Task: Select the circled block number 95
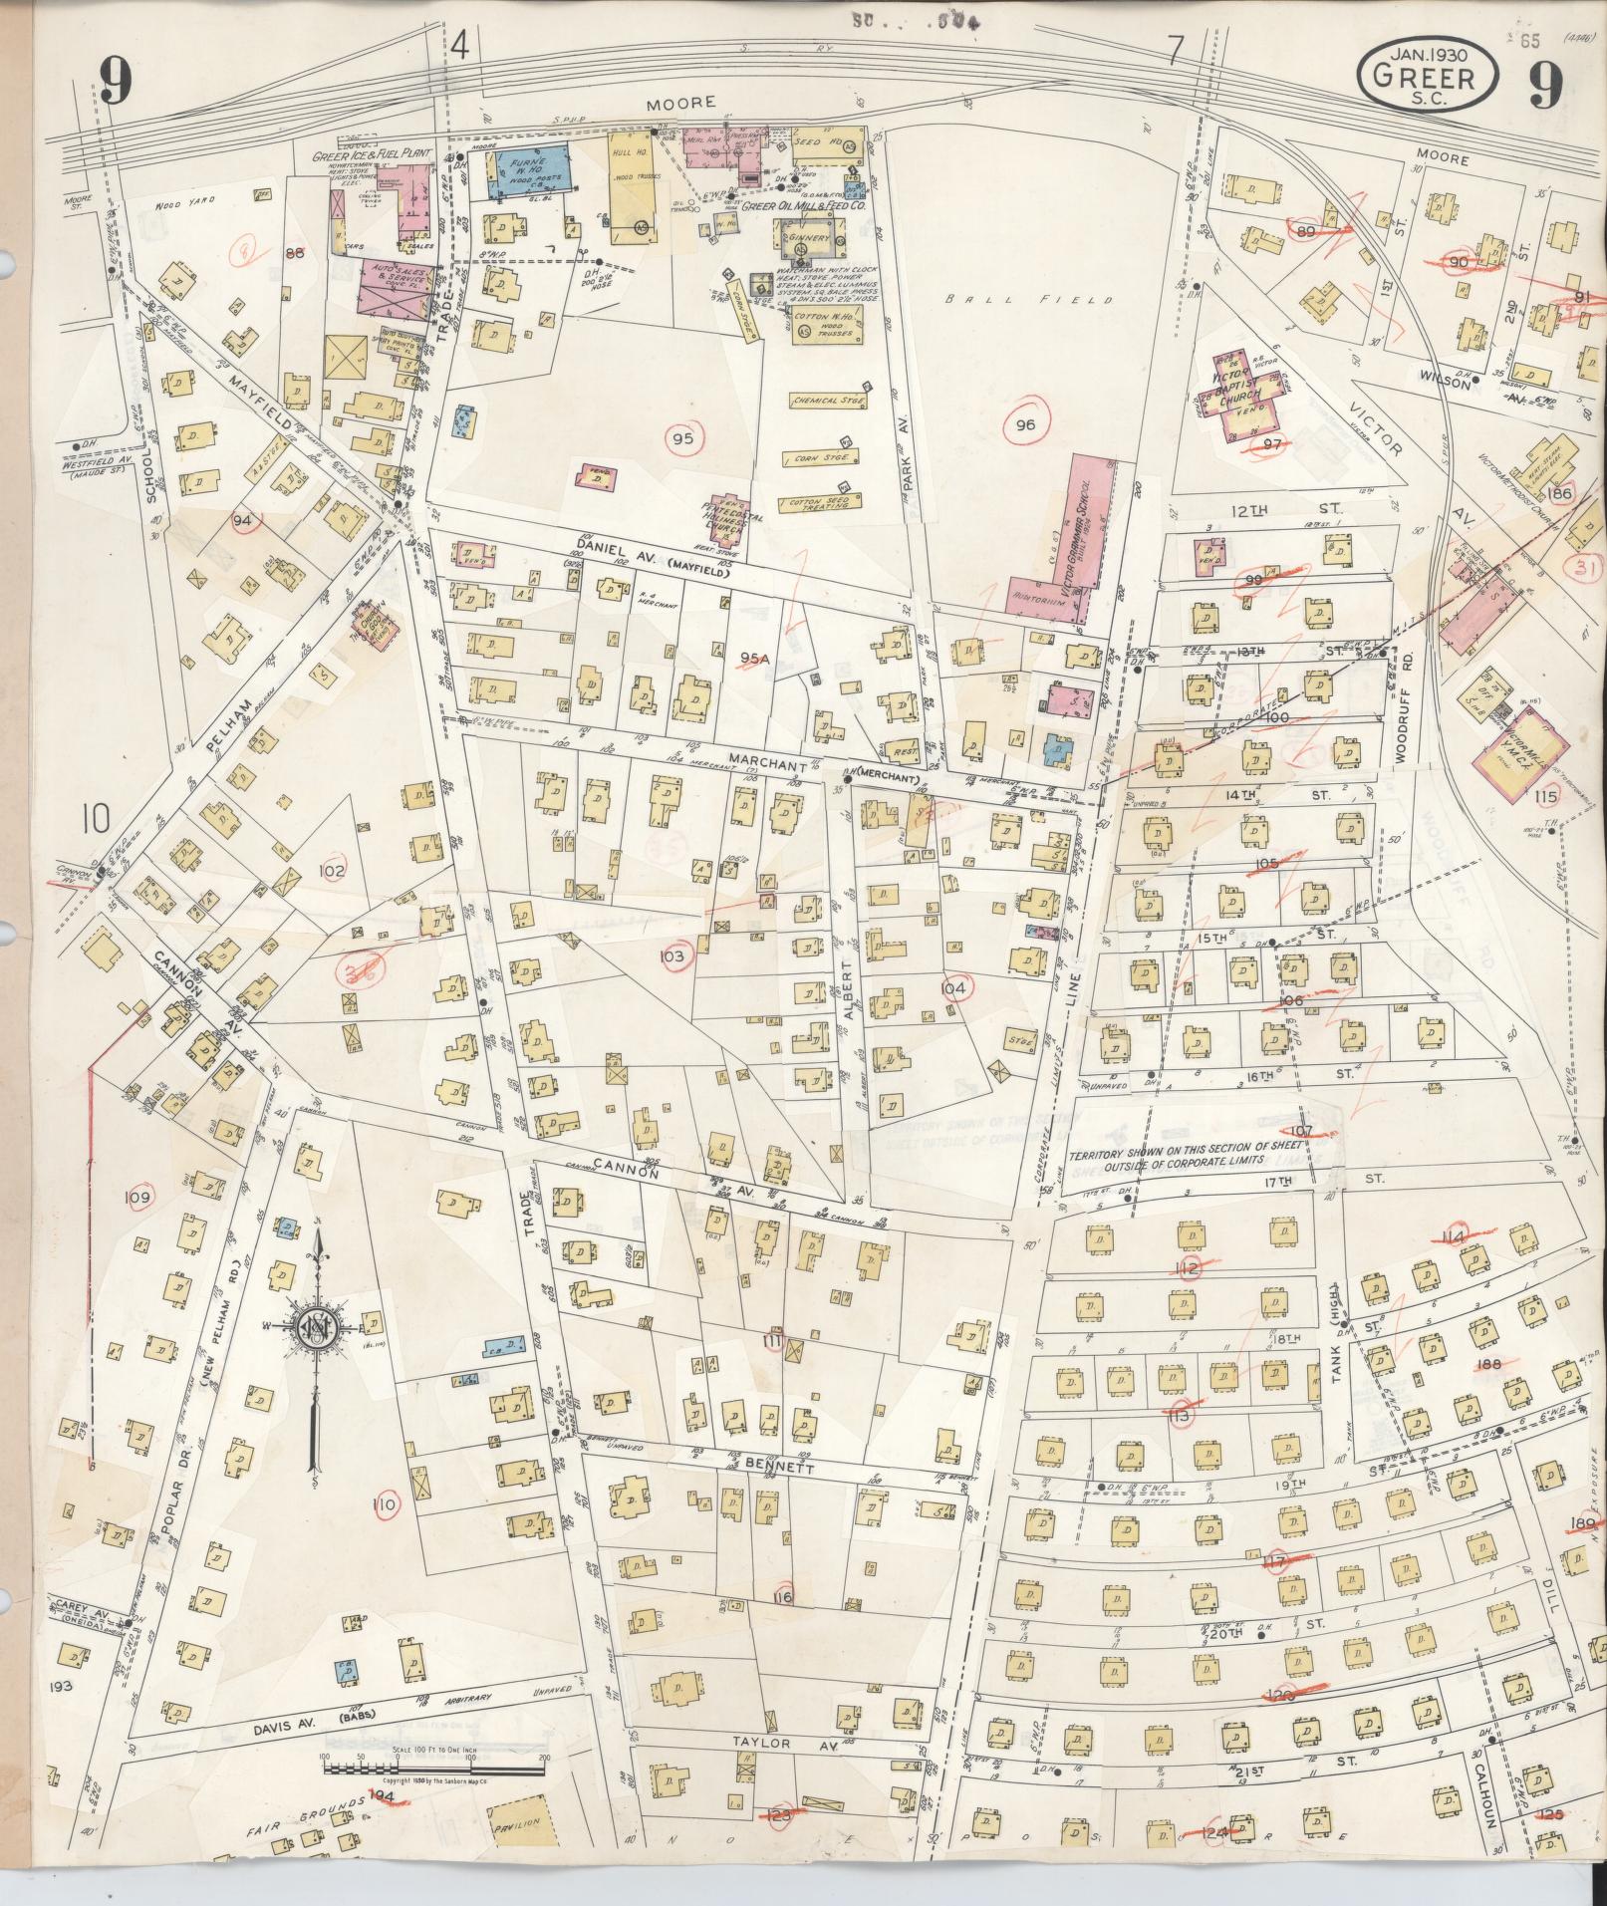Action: (x=682, y=437)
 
